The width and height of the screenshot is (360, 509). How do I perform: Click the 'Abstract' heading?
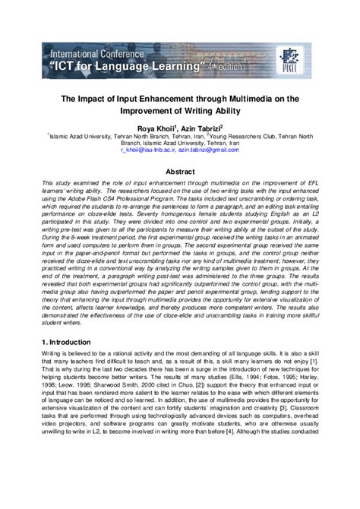click(179, 172)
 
